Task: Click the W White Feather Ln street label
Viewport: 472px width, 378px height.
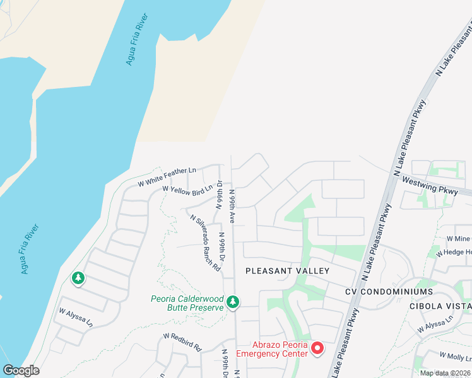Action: (167, 176)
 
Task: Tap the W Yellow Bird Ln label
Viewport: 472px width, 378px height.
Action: (187, 188)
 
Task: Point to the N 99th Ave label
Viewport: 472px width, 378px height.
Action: (232, 206)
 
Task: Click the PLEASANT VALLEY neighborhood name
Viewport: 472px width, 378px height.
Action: (287, 271)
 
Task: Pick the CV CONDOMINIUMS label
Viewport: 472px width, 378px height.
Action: (389, 292)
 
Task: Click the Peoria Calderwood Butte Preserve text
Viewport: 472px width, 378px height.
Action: (187, 303)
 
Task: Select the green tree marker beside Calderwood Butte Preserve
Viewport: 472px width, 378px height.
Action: (233, 303)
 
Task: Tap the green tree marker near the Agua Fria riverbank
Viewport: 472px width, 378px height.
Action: (78, 278)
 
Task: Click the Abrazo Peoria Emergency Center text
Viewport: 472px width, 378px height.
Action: (272, 349)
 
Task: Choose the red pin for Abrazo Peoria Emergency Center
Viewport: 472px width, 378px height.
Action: (317, 348)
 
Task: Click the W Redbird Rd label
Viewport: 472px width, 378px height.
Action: (181, 342)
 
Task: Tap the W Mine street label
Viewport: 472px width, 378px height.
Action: (458, 239)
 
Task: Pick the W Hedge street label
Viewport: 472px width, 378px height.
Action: (458, 252)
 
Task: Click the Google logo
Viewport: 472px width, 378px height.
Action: (21, 370)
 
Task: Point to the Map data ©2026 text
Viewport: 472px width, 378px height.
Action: (444, 373)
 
